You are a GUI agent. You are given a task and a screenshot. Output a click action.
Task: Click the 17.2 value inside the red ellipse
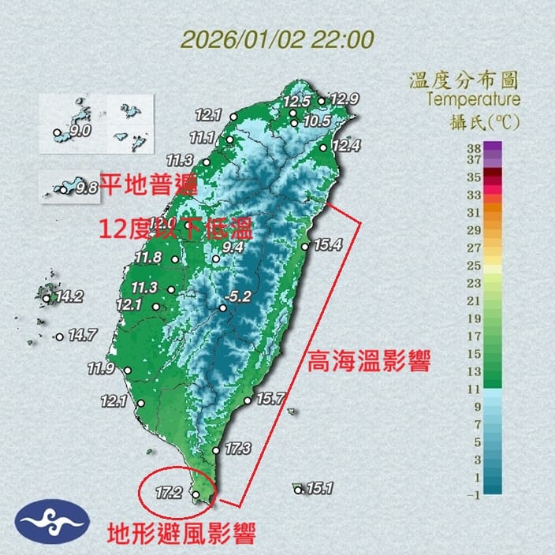tap(169, 494)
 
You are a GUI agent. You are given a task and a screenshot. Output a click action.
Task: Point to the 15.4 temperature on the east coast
tap(327, 244)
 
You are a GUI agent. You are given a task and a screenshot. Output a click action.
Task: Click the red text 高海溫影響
tap(369, 364)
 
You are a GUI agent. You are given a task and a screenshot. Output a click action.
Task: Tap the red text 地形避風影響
tap(181, 536)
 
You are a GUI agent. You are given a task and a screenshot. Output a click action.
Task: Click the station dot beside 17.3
tap(215, 451)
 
